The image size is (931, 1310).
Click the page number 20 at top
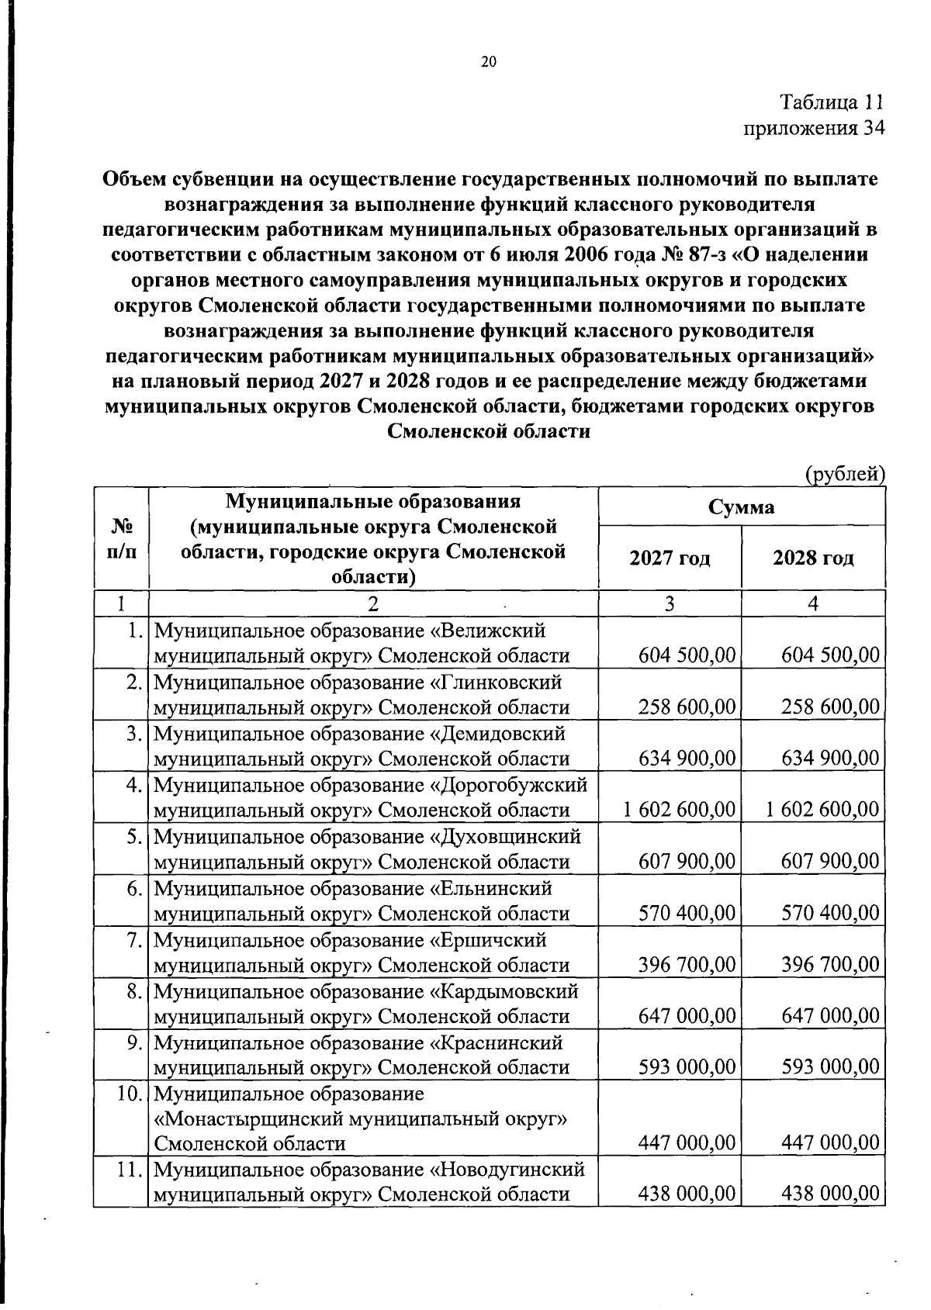488,62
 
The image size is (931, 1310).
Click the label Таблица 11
831,102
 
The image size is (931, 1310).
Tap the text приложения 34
814,128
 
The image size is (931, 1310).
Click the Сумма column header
741,507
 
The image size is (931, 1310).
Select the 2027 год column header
670,558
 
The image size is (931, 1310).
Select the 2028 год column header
813,558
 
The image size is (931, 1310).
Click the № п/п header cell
120,538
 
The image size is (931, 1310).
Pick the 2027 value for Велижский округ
687,656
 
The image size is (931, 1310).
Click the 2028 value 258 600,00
830,707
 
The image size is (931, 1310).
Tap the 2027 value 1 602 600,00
679,810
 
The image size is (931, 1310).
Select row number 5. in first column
135,837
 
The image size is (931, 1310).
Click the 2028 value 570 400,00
830,913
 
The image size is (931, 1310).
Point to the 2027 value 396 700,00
687,965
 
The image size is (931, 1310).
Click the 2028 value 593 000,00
830,1067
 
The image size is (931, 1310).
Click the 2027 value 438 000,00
687,1194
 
